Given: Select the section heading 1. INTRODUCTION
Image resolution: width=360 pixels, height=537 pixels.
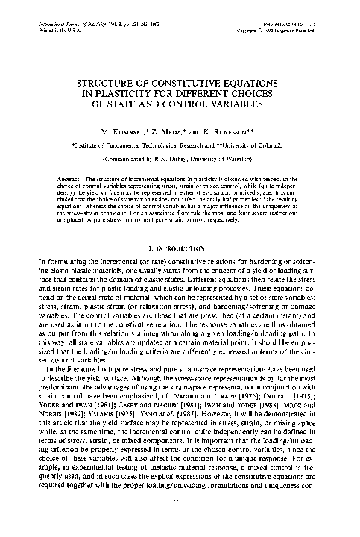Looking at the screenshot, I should [x=179, y=224].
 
